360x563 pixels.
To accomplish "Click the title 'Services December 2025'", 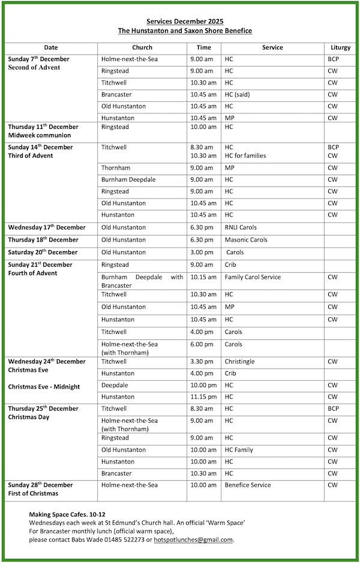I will coord(185,22).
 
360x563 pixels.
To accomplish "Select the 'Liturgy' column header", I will coord(340,47).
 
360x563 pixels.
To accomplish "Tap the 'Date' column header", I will coord(51,47).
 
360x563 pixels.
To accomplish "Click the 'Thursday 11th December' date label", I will coord(43,127).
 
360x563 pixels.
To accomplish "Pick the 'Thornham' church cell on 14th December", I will coord(116,168).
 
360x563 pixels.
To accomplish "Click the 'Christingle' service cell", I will coord(239,362).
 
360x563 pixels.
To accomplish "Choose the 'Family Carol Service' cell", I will coord(253,277).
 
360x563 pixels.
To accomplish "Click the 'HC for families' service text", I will coord(245,155).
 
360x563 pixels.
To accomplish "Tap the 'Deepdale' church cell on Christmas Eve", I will coord(114,385).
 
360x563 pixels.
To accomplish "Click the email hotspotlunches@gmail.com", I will coord(193,540).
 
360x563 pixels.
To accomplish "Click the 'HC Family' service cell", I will coord(239,450).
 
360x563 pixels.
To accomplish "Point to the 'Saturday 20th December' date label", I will coord(43,252).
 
